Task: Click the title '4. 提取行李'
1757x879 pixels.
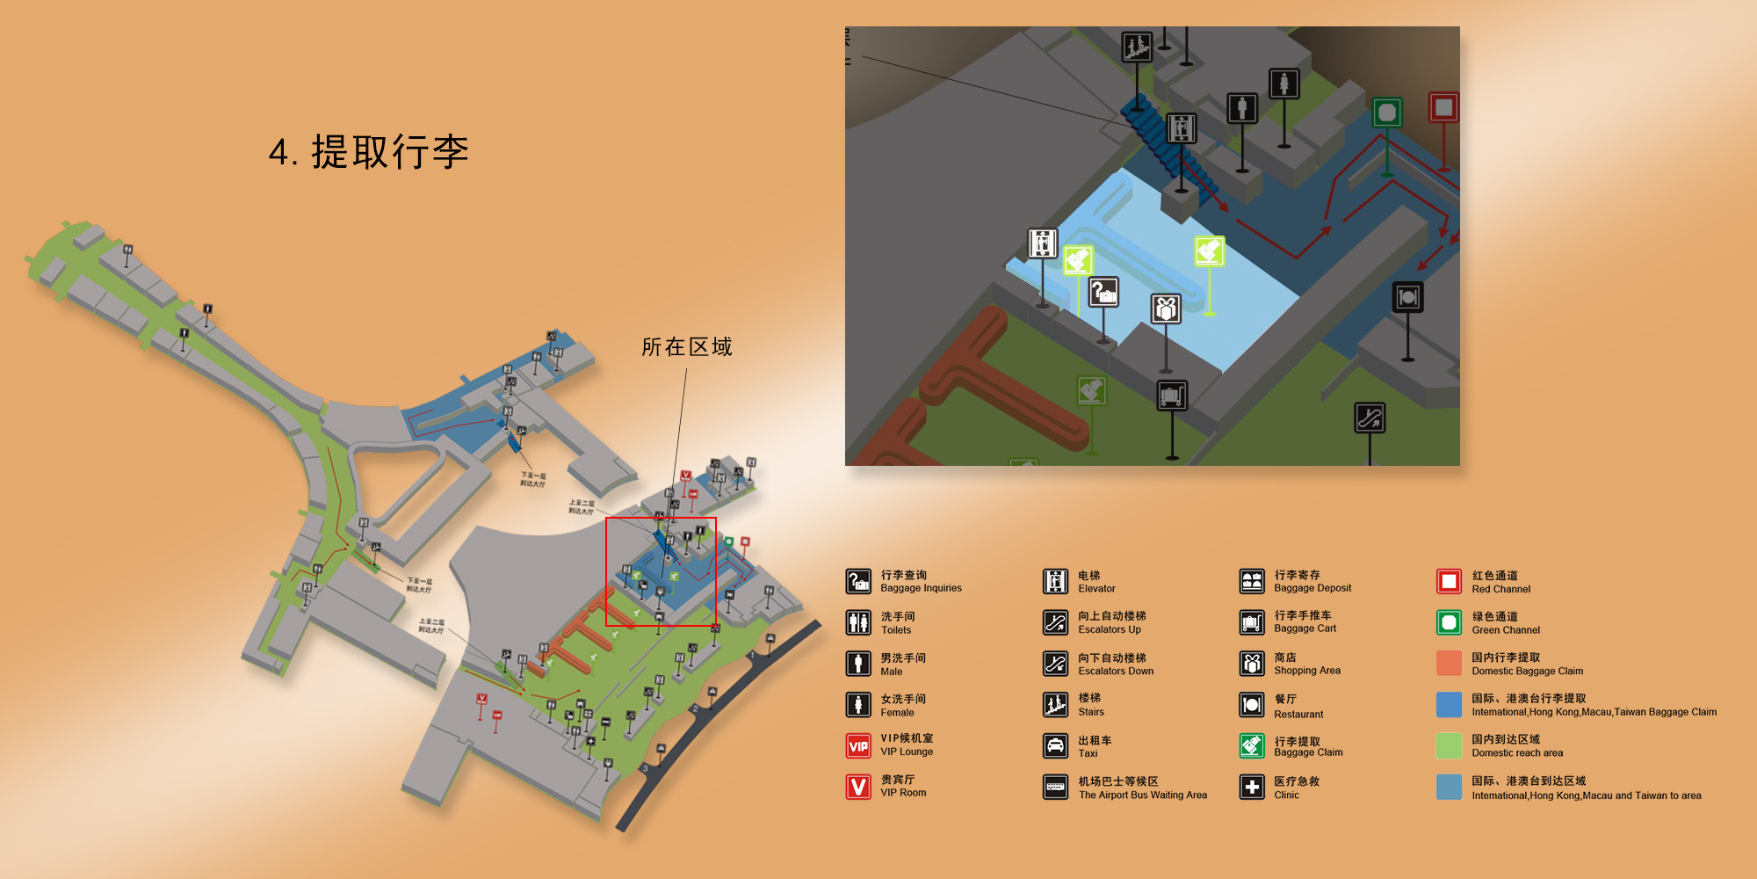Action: (x=368, y=152)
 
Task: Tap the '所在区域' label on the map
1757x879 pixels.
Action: (x=686, y=347)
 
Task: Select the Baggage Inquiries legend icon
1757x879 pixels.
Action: (x=858, y=581)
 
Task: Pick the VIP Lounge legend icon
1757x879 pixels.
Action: (x=858, y=745)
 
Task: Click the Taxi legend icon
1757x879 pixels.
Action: (x=1055, y=745)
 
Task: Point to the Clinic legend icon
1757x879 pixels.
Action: (x=1252, y=787)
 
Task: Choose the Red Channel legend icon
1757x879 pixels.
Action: (x=1449, y=581)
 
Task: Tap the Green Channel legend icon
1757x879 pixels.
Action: (x=1449, y=622)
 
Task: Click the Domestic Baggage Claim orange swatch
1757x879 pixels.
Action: (x=1449, y=663)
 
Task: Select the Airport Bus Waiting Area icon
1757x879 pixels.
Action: (x=1055, y=787)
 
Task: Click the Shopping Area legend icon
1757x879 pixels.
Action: (x=1252, y=663)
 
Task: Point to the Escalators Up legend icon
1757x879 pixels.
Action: (x=1055, y=622)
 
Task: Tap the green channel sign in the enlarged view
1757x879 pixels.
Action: (x=1387, y=113)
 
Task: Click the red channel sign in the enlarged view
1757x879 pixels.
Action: (x=1443, y=107)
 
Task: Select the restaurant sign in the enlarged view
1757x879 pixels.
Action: (x=1407, y=297)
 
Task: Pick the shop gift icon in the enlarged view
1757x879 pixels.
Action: (x=1166, y=309)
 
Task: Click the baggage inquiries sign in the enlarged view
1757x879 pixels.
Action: (x=1103, y=292)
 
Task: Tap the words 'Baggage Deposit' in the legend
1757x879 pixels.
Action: (x=1312, y=588)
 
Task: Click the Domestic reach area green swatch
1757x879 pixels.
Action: (x=1449, y=745)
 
